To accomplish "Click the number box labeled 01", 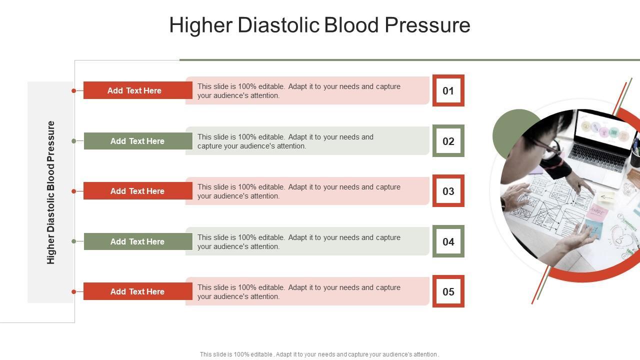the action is click(x=448, y=90).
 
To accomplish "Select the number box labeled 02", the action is click(x=448, y=141).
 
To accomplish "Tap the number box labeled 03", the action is click(x=448, y=191).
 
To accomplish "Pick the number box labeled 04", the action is click(x=448, y=241).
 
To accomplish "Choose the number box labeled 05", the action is click(x=448, y=291).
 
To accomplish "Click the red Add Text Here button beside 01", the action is click(x=137, y=90).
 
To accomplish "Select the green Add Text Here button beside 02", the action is click(x=138, y=141).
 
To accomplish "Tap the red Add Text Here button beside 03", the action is click(x=137, y=191).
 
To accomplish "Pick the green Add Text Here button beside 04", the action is click(x=138, y=241).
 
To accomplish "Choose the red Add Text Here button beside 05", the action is click(x=137, y=291).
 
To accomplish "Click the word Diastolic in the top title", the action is click(x=278, y=25).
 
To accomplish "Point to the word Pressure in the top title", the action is click(x=427, y=25).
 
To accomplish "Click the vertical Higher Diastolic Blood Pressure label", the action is click(x=50, y=192).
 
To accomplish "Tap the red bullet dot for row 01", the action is click(x=73, y=90).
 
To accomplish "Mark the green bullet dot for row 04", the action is click(x=73, y=241).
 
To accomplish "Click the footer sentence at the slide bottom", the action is click(x=319, y=354).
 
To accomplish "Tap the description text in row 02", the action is click(x=285, y=141).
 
